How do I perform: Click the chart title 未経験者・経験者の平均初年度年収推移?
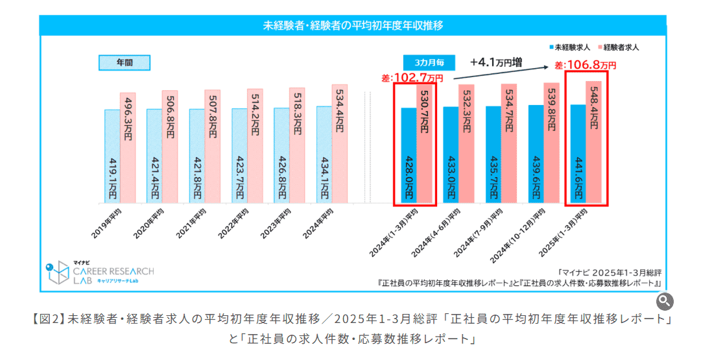[x=353, y=26]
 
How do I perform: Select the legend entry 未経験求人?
[x=571, y=47]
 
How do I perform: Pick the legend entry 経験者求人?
[x=621, y=47]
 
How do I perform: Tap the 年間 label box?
[x=125, y=63]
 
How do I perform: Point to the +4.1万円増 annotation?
[x=497, y=62]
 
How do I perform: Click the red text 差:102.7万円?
[x=412, y=78]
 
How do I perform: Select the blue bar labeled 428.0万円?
[x=408, y=156]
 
